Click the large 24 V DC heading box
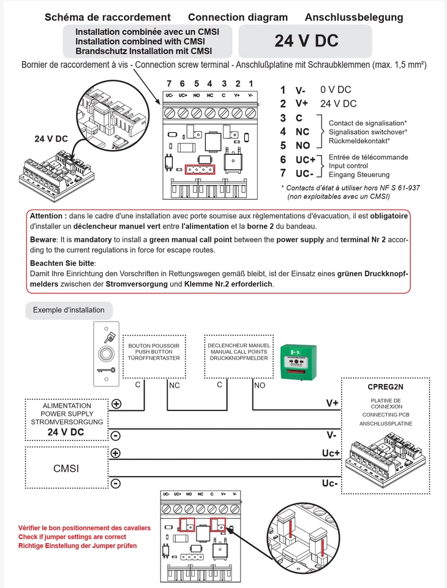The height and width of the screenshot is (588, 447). (306, 41)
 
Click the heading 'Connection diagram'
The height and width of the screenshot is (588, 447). (238, 17)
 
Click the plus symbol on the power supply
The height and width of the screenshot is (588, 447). (116, 404)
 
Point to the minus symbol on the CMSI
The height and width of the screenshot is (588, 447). (116, 483)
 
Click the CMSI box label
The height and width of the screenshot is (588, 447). (66, 469)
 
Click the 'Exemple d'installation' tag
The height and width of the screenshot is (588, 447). (69, 310)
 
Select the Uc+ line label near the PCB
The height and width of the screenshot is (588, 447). (330, 453)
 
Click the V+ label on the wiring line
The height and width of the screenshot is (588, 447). (332, 404)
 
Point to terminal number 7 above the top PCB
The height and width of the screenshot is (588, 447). (169, 83)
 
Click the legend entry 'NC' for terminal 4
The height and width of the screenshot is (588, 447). (302, 131)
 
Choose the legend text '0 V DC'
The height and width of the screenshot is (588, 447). (336, 89)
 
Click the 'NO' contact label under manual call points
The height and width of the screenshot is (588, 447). (260, 386)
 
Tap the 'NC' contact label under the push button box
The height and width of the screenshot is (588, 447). (175, 386)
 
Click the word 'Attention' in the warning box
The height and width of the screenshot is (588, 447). (47, 216)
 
